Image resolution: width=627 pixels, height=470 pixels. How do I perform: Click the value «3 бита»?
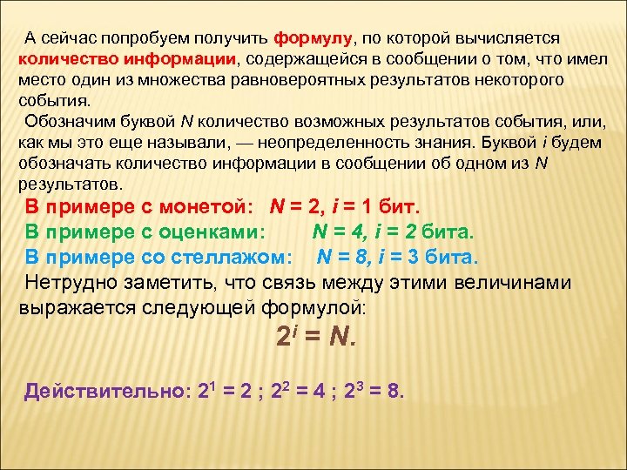coord(447,258)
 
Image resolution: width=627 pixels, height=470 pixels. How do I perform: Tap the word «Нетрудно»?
coord(66,283)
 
